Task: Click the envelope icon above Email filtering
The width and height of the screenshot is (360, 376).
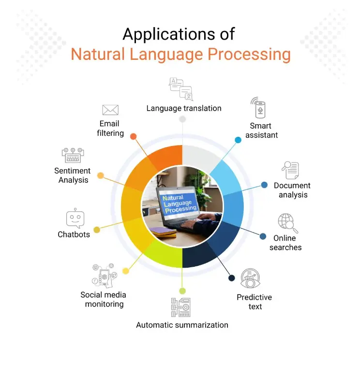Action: point(110,110)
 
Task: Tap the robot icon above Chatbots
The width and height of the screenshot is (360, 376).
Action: point(75,218)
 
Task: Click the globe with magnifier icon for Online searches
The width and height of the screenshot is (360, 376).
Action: point(287,223)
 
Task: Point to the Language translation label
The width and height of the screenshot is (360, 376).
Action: point(184,108)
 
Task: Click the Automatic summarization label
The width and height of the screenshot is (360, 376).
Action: point(182,325)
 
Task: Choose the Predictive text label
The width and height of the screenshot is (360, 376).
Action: point(255,302)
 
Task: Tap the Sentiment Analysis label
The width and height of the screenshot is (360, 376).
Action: point(73,175)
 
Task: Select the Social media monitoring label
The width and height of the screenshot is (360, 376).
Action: point(104,300)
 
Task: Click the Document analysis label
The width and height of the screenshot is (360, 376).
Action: point(292,190)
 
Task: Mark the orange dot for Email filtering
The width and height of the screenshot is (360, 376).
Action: point(134,136)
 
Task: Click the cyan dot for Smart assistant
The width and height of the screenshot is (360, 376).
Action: point(238,140)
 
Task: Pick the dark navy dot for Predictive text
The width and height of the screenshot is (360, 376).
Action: point(232,278)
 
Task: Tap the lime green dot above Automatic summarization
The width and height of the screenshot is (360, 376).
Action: point(182,291)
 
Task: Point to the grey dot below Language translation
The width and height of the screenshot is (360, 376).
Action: point(182,119)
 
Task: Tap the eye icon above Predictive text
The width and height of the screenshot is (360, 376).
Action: point(251,278)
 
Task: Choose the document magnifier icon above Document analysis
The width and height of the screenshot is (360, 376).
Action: point(290,171)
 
